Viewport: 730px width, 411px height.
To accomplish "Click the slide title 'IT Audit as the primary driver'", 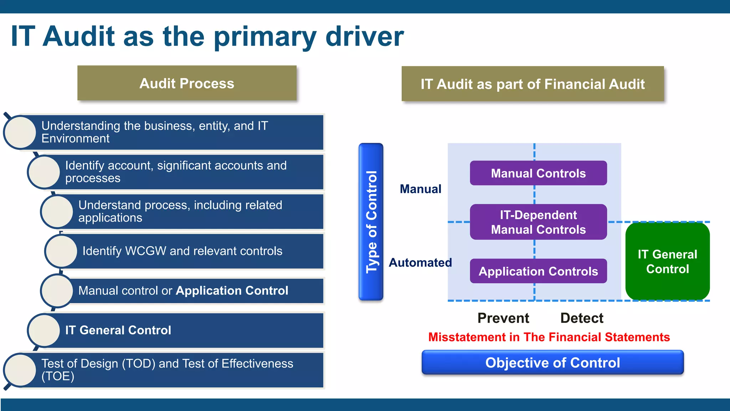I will coord(207,36).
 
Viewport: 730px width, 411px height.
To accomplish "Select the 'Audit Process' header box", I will coord(187,83).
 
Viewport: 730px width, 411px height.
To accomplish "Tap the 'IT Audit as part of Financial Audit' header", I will coord(533,84).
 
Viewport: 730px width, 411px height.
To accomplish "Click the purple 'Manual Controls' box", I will coord(538,173).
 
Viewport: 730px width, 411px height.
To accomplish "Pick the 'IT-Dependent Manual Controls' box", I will coord(538,222).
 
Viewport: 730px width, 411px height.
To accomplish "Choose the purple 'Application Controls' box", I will coord(538,271).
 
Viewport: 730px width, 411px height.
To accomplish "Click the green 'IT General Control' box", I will coord(667,262).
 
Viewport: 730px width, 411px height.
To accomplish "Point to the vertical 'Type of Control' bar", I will coord(371,222).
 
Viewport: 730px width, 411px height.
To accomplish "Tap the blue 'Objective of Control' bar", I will coord(552,362).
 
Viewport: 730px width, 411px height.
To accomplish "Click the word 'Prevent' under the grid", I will coord(503,318).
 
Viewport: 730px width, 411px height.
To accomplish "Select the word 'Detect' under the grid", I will coord(582,318).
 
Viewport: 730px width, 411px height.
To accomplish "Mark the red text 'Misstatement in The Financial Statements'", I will coord(549,337).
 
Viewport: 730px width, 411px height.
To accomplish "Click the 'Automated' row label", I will coord(420,263).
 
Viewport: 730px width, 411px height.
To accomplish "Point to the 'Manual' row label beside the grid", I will coord(421,189).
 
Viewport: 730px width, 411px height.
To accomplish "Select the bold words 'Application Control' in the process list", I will coord(232,291).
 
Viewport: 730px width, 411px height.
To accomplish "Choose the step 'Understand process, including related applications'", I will coord(180,211).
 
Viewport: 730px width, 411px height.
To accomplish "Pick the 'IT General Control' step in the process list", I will coord(118,330).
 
